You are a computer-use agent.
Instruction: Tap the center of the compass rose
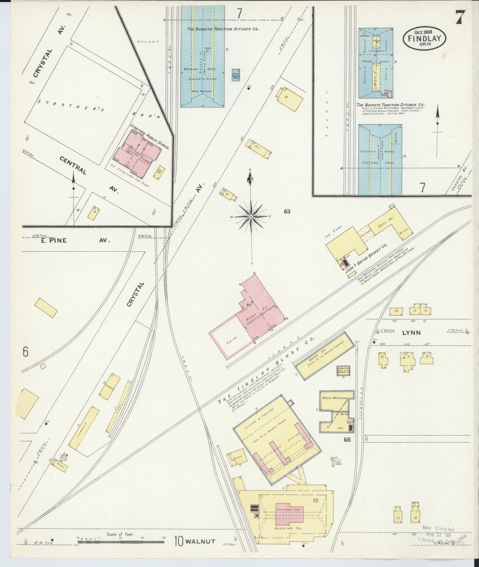[x=251, y=217]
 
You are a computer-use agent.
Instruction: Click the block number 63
[x=287, y=211]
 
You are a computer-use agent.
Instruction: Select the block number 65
[x=347, y=440]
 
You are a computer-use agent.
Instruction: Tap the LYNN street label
[x=411, y=333]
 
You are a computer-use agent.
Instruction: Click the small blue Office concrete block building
[x=236, y=75]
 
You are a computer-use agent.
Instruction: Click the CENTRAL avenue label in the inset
[x=73, y=166]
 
